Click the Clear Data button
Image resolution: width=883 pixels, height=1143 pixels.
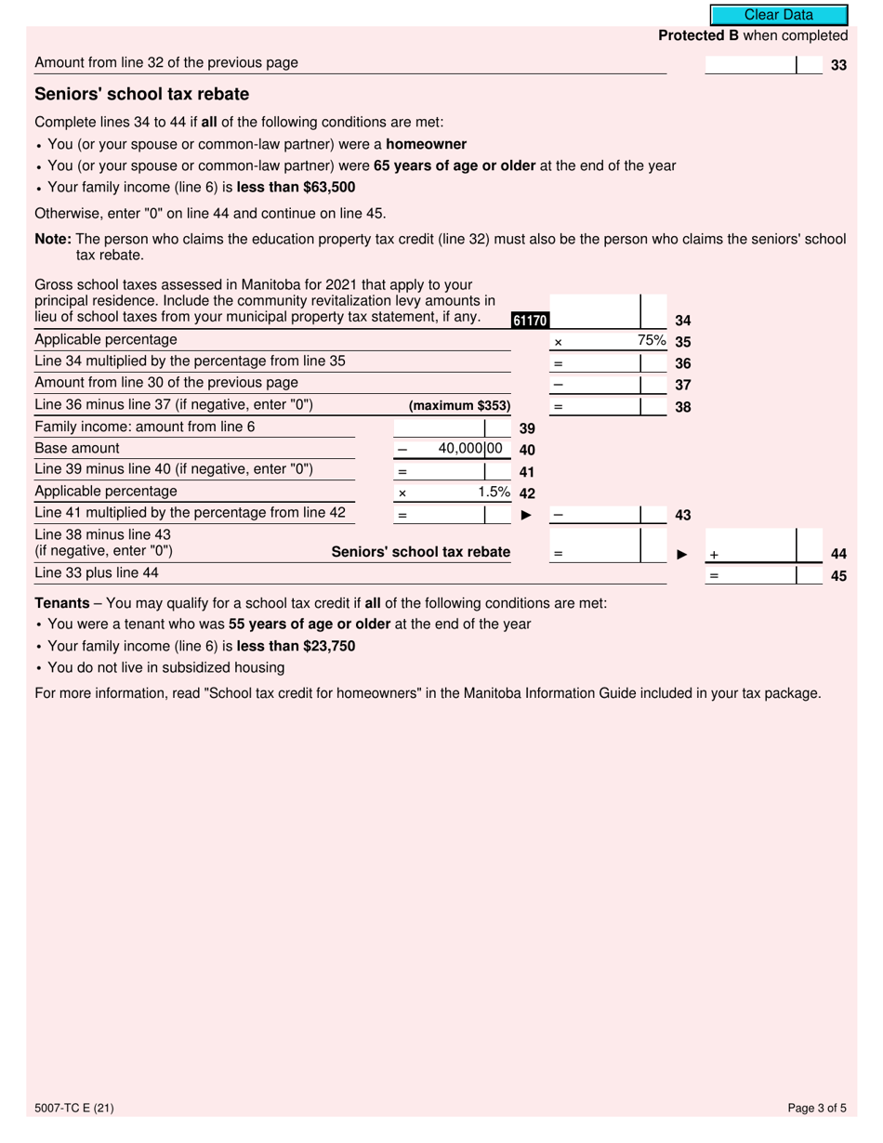coord(779,15)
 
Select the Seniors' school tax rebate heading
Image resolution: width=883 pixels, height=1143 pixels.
coord(141,95)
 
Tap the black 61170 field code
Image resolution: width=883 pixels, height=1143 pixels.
coord(530,321)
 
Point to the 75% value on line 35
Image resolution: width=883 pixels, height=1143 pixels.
coord(652,341)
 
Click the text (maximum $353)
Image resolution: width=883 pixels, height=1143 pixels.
coord(459,406)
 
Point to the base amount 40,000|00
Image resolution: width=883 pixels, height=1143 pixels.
coord(470,449)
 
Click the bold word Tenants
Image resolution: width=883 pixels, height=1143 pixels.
coord(62,603)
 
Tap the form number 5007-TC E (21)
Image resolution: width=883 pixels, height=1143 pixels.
coord(74,1108)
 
